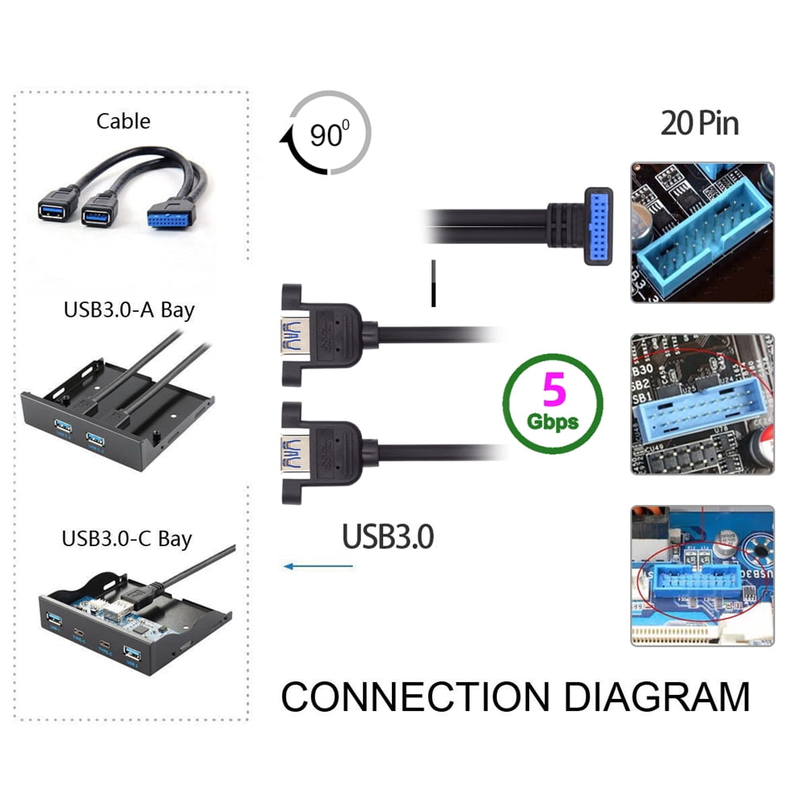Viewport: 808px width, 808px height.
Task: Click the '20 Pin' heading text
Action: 700,124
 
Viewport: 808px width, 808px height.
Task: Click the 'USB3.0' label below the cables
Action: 388,537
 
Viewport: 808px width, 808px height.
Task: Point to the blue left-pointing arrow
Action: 318,566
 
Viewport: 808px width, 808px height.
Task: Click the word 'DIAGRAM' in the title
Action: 656,696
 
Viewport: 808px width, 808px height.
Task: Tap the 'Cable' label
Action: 123,121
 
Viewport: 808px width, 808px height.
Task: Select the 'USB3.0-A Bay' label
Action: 128,309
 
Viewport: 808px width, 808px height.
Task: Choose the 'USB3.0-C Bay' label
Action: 127,539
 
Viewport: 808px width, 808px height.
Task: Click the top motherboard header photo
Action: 702,232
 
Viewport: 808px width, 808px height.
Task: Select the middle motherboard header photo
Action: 702,404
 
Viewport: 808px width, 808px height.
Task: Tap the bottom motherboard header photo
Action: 702,575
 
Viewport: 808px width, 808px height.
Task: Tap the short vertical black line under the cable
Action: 434,283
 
